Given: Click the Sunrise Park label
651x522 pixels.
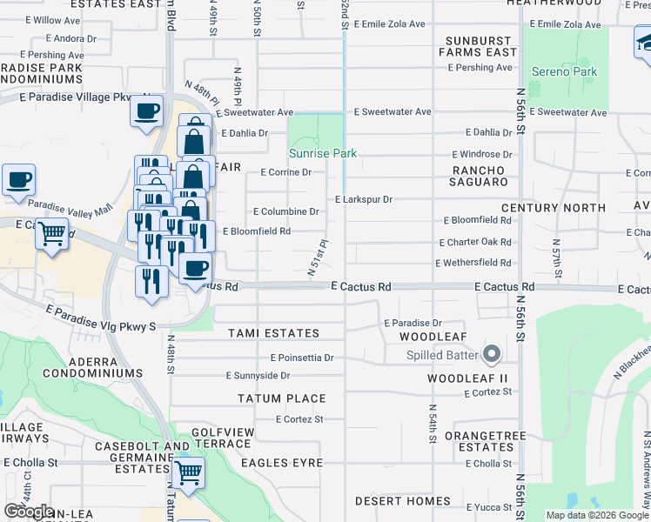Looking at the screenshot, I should click(x=323, y=153).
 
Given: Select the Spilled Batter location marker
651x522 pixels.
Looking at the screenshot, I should click(x=492, y=354).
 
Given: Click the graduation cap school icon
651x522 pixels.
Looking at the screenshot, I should click(x=646, y=42).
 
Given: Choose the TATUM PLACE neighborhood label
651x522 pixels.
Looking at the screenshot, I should click(x=282, y=398).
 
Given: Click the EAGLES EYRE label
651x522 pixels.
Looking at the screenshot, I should click(x=282, y=463).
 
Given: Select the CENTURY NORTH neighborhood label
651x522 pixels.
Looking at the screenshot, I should click(x=553, y=208).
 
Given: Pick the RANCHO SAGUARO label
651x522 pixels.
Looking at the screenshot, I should click(x=478, y=176).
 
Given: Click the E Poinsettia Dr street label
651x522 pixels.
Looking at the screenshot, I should click(x=302, y=358).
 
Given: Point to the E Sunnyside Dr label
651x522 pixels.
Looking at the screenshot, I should click(x=258, y=376).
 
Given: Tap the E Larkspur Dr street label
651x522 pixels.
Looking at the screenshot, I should click(x=364, y=199).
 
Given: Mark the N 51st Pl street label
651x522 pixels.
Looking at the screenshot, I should click(x=318, y=258).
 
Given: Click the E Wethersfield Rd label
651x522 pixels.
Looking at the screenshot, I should click(x=473, y=262).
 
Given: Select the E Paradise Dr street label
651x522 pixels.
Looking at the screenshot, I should click(x=413, y=323).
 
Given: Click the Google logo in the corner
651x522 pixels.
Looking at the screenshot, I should click(x=29, y=512).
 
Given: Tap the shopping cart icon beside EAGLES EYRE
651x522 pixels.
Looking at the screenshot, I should click(x=187, y=473).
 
